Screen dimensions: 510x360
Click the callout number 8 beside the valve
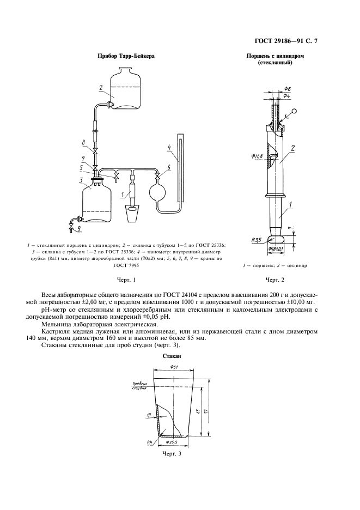coord(83,143)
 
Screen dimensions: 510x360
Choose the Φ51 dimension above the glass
coord(174,366)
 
